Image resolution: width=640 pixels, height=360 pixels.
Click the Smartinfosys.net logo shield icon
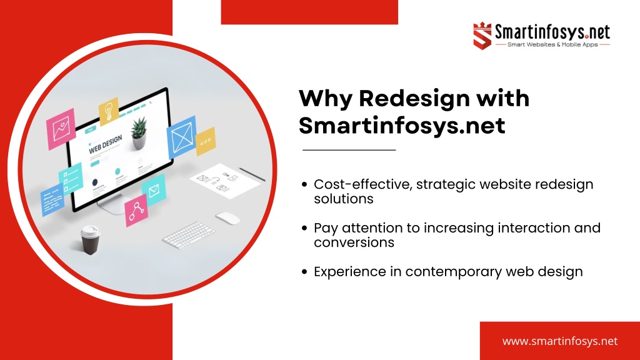(x=482, y=36)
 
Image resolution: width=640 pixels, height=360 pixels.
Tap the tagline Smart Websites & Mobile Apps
(x=552, y=44)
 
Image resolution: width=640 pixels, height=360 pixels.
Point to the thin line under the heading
(x=349, y=150)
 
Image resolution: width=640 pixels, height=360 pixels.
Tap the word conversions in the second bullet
(x=354, y=242)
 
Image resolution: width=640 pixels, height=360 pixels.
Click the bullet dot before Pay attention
(x=304, y=227)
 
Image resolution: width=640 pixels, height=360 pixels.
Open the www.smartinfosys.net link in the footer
(x=559, y=341)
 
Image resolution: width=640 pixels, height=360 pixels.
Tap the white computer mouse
(x=227, y=218)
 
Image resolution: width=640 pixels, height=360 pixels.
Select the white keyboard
(x=189, y=235)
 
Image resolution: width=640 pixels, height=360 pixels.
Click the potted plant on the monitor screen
(x=139, y=133)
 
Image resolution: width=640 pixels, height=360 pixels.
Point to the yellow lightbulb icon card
(x=109, y=111)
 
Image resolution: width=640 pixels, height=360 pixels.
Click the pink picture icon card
(x=61, y=129)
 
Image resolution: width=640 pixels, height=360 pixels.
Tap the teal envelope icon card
(x=154, y=190)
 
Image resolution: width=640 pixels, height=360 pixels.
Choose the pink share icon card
(x=136, y=210)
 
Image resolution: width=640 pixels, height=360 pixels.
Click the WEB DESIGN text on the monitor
(x=105, y=144)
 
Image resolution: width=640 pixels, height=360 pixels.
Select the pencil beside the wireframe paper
(x=252, y=174)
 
